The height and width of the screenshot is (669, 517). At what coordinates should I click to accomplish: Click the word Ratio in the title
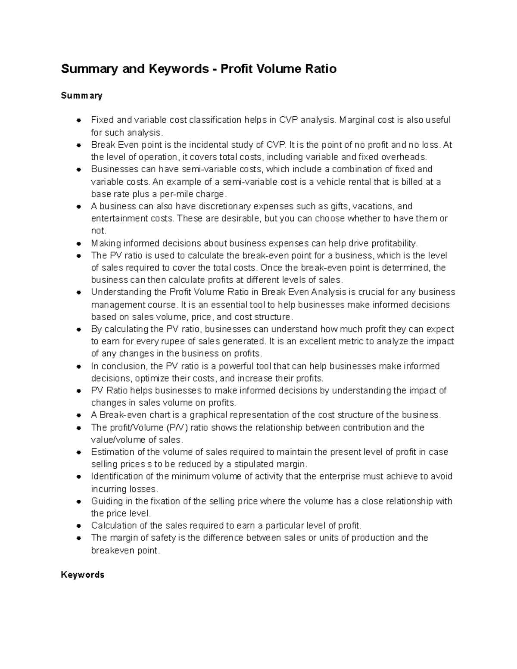pyautogui.click(x=319, y=69)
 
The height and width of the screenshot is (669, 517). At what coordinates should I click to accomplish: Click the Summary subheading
pyautogui.click(x=81, y=96)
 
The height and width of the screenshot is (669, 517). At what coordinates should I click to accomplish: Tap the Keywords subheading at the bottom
pyautogui.click(x=83, y=575)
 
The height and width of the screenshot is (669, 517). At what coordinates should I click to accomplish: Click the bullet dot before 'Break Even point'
pyautogui.click(x=79, y=145)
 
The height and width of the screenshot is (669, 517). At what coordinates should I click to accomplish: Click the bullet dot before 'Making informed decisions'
pyautogui.click(x=79, y=243)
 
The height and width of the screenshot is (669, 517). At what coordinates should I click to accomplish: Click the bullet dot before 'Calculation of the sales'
pyautogui.click(x=79, y=526)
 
